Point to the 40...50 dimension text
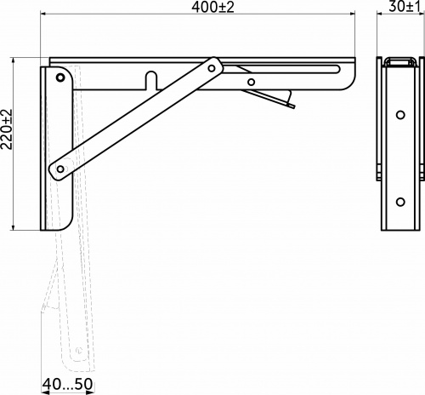[68, 386]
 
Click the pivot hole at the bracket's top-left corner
[60, 77]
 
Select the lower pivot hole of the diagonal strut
[59, 169]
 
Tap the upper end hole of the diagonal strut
[211, 66]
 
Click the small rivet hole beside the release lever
[251, 83]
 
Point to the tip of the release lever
[292, 106]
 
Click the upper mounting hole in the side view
[399, 114]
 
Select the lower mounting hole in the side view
[399, 201]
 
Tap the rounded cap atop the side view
[399, 61]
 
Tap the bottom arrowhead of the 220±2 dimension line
[16, 227]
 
